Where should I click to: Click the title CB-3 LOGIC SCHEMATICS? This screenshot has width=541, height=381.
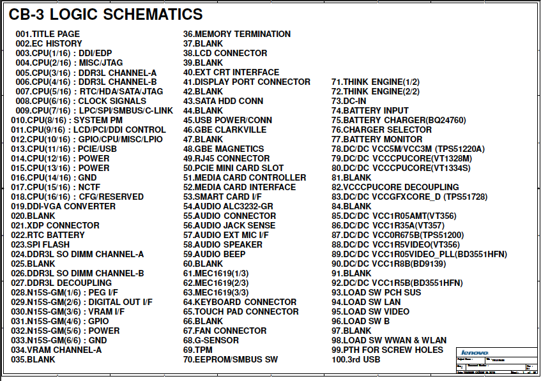(x=105, y=15)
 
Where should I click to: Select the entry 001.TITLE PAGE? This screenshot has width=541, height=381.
(x=48, y=34)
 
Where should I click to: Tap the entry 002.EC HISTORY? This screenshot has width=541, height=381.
(x=49, y=43)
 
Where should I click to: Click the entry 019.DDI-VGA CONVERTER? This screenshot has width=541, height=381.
(x=63, y=206)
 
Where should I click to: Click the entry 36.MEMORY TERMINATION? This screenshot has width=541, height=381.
(x=237, y=34)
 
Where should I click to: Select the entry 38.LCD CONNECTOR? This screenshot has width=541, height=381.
(x=225, y=53)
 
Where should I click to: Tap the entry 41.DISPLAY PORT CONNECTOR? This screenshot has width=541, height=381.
(x=247, y=82)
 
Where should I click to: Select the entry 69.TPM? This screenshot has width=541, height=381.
(x=198, y=350)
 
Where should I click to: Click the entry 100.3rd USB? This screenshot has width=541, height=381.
(x=356, y=359)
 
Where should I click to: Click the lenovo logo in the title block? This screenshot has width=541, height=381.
(x=475, y=352)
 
